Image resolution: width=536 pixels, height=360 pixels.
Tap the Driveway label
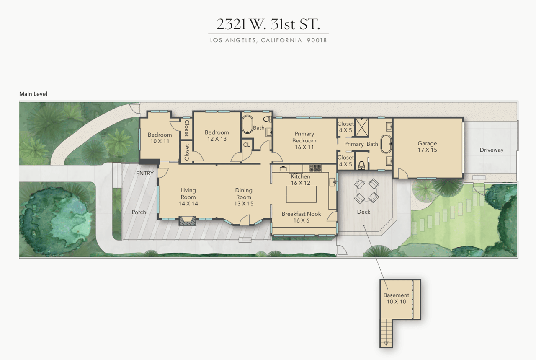pos(491,150)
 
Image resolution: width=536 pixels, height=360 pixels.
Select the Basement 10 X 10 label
pos(396,298)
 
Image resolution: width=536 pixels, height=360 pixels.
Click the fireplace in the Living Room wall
pos(187,220)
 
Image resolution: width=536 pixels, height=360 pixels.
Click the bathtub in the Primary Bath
pos(386,144)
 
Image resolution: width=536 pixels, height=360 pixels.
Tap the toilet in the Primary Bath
pos(361,165)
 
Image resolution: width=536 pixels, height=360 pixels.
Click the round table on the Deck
pos(367,190)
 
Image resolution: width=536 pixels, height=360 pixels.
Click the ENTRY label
pos(145,173)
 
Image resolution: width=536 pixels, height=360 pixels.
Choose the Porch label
pos(139,212)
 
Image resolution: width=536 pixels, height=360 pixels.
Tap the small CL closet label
pos(247,145)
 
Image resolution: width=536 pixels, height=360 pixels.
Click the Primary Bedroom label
pos(304,140)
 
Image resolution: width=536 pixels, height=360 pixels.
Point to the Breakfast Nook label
pos(301,217)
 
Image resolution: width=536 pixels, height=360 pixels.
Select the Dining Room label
pos(243,197)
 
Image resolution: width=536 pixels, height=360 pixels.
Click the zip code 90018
pos(317,41)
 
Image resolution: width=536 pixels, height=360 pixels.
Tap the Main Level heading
pos(33,94)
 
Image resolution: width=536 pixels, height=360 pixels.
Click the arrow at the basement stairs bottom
pos(386,343)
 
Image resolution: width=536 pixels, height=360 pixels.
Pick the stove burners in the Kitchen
pos(314,168)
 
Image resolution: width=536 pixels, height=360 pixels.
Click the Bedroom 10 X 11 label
pos(160,138)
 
